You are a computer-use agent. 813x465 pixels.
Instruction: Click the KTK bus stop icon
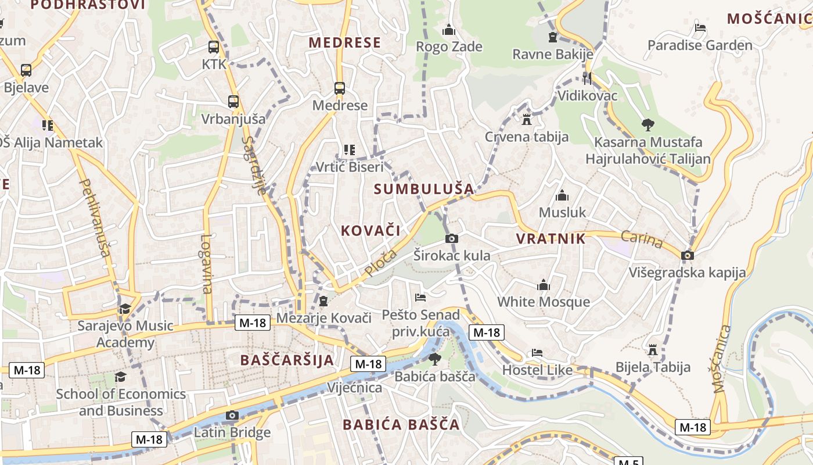point(214,47)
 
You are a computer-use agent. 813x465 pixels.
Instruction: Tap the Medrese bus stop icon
point(340,88)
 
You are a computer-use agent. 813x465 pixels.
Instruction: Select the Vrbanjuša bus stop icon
point(233,102)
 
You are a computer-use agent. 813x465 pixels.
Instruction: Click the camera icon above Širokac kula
point(451,238)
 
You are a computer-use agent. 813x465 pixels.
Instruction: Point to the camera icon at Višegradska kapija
point(688,255)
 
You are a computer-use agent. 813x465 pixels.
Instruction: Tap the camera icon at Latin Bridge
point(232,415)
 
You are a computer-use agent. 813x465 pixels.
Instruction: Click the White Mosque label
point(544,302)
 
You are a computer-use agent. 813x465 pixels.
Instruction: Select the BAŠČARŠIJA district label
point(287,360)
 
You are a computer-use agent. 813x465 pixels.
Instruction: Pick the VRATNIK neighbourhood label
point(551,238)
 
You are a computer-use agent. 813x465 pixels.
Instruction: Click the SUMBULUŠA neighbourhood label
point(424,189)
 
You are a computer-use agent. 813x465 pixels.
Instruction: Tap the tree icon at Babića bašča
point(434,359)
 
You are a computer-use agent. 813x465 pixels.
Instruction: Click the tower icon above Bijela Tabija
point(653,350)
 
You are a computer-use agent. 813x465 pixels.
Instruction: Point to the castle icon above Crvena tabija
point(527,120)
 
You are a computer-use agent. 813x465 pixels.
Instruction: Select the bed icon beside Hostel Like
point(537,353)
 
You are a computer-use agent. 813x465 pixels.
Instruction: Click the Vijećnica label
point(355,387)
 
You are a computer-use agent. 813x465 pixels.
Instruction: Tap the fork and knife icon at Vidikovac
point(587,78)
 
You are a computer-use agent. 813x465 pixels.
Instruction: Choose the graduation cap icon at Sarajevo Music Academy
point(125,308)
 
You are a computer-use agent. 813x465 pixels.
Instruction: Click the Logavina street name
point(207,263)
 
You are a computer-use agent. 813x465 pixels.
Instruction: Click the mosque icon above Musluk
point(562,195)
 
